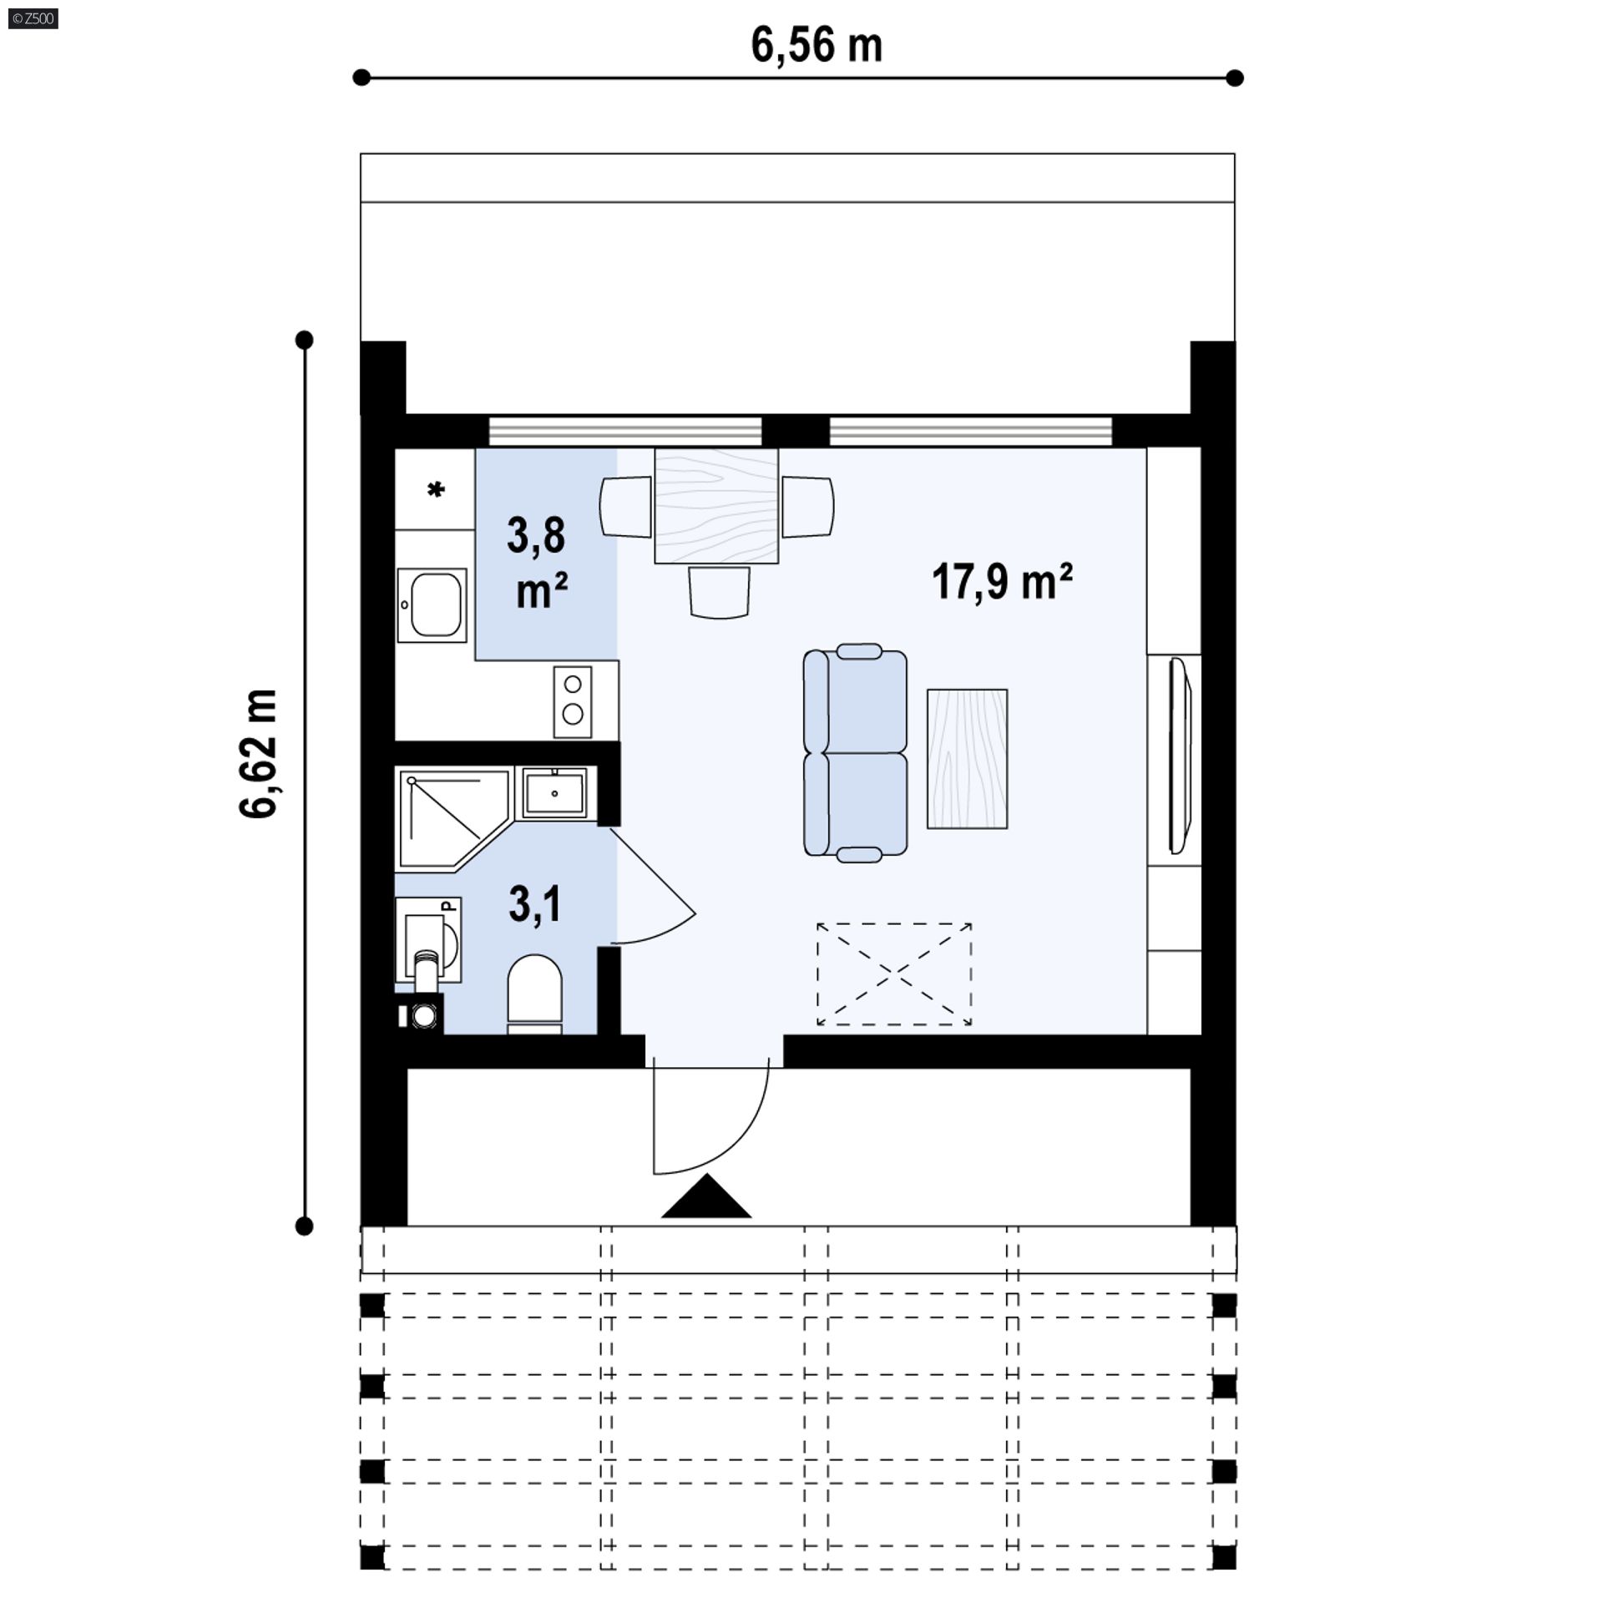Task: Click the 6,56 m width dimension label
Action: pyautogui.click(x=816, y=46)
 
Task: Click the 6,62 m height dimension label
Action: pyautogui.click(x=258, y=754)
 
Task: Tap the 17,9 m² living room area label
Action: pyautogui.click(x=1002, y=582)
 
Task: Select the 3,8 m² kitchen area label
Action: pyautogui.click(x=539, y=562)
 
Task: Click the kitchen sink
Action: pyautogui.click(x=432, y=605)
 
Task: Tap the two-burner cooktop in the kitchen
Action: pyautogui.click(x=573, y=701)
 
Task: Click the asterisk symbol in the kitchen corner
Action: pyautogui.click(x=435, y=490)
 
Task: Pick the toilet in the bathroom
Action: pyautogui.click(x=534, y=994)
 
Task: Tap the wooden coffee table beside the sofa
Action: pyautogui.click(x=967, y=758)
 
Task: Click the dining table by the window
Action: pyautogui.click(x=716, y=506)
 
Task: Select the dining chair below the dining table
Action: pyautogui.click(x=718, y=592)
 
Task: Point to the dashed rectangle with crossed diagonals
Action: pyautogui.click(x=894, y=973)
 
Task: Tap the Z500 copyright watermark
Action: pyautogui.click(x=33, y=18)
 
